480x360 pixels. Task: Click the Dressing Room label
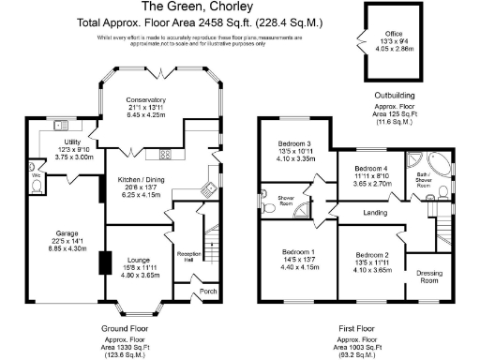pyautogui.click(x=428, y=277)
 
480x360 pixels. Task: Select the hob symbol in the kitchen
pyautogui.click(x=165, y=154)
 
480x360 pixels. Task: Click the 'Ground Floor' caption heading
pyautogui.click(x=125, y=328)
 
